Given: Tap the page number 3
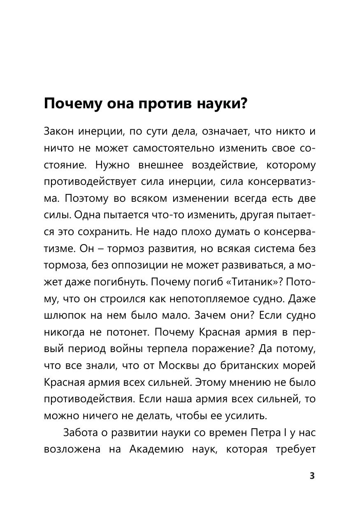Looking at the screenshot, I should click(312, 476).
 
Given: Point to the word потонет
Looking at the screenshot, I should click(132, 332).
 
